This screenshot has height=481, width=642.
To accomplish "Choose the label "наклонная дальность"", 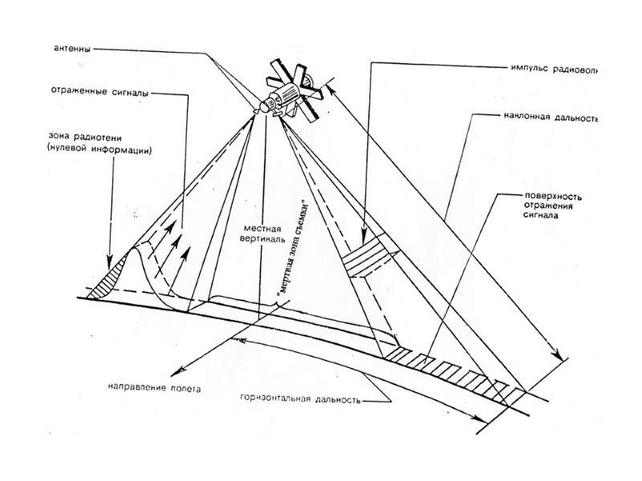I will pyautogui.click(x=553, y=118).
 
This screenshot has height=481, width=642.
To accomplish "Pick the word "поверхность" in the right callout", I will pyautogui.click(x=552, y=195).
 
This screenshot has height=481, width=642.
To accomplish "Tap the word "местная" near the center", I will pyautogui.click(x=250, y=229).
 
